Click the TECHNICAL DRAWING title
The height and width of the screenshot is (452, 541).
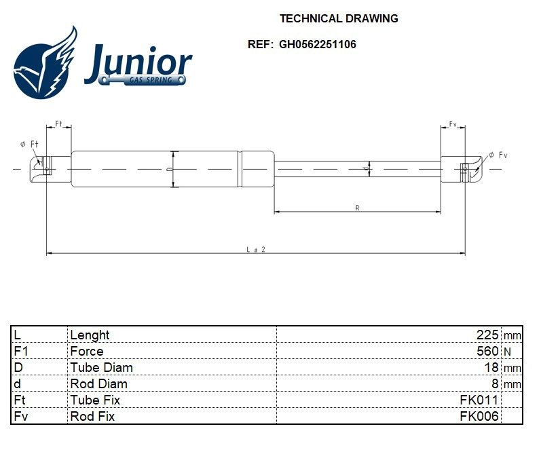point(339,18)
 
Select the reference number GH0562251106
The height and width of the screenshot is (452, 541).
point(317,45)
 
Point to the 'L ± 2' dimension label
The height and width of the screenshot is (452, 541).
point(255,249)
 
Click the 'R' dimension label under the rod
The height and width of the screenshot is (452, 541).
point(357,208)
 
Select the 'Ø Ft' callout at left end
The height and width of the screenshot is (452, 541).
point(29,144)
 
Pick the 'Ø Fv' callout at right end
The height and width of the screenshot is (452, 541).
point(498,155)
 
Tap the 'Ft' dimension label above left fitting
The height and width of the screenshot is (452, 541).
point(58,124)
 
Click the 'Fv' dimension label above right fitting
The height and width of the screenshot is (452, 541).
point(453,124)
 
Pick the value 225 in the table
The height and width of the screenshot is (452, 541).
point(488,335)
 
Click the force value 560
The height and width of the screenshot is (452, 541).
point(488,351)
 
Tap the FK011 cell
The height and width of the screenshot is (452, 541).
point(479,400)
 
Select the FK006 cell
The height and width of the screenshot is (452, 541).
point(479,416)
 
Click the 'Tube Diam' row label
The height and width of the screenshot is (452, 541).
point(101,367)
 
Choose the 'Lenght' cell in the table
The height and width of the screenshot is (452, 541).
point(90,335)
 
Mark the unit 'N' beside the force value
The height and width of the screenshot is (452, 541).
point(507,352)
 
